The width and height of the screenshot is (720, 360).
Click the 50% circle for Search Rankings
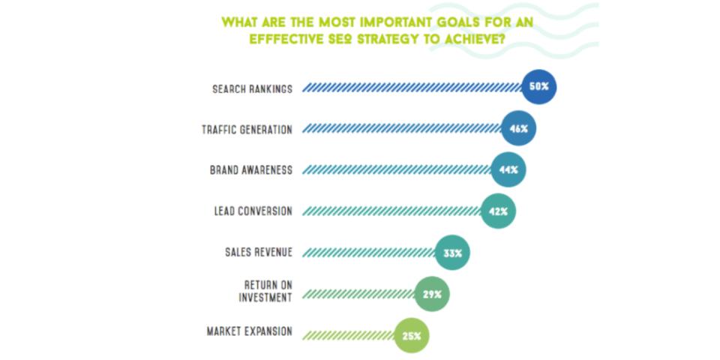[x=538, y=87]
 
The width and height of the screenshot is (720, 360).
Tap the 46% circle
[x=518, y=129]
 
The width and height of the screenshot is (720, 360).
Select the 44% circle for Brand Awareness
[x=508, y=169]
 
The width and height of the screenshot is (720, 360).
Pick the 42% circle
[x=498, y=211]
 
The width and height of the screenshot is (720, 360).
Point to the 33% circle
[x=452, y=253]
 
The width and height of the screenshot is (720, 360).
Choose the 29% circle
[x=431, y=295]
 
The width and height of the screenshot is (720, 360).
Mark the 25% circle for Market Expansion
[x=411, y=336]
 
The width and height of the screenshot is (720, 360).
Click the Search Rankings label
[x=252, y=88]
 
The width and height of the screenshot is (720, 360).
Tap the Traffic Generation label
[x=247, y=130]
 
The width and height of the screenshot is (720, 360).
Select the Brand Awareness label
[x=250, y=170]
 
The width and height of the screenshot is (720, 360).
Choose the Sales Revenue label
[x=259, y=253]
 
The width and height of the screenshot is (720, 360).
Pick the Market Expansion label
[x=249, y=331]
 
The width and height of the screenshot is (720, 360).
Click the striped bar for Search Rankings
[x=412, y=88]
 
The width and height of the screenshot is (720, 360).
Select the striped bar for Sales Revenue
[x=368, y=253]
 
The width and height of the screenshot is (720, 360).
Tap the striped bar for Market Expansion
[x=348, y=336]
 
